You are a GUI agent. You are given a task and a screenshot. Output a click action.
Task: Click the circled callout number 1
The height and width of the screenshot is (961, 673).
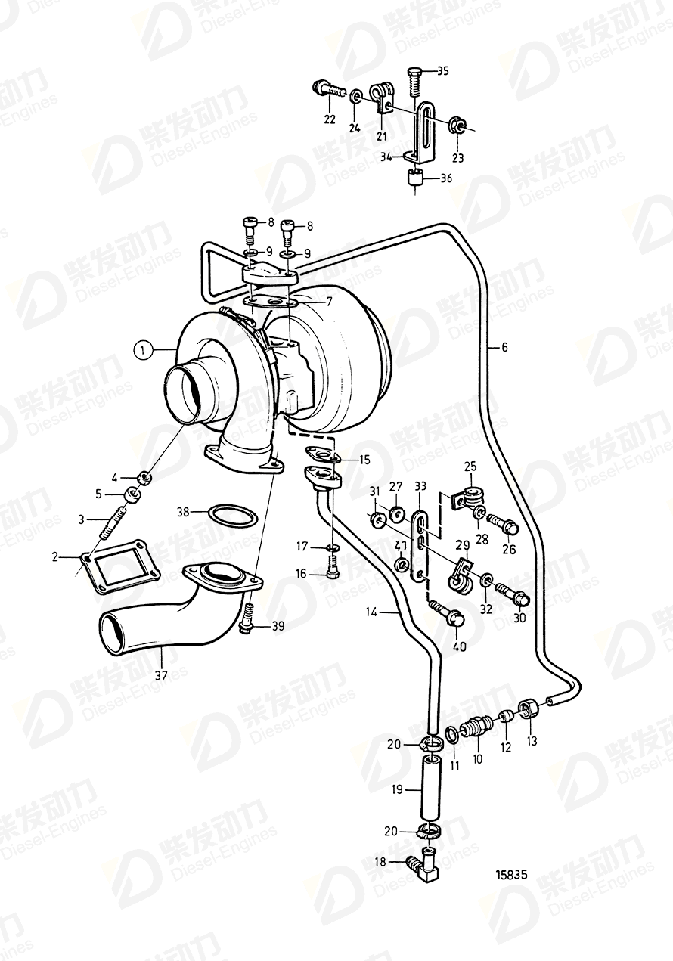140,349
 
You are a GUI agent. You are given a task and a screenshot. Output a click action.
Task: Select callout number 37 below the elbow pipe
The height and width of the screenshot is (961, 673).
160,674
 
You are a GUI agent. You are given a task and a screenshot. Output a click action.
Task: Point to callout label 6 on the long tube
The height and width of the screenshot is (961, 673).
504,348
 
